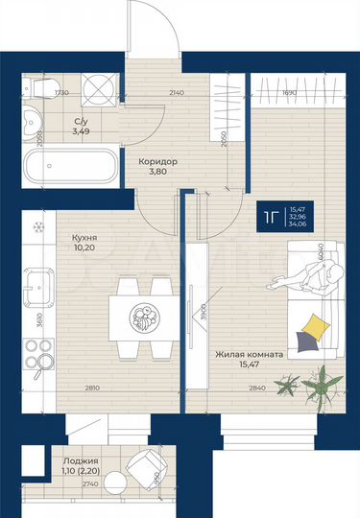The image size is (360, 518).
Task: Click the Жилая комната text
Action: (x=249, y=354)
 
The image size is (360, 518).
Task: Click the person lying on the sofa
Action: (x=302, y=278)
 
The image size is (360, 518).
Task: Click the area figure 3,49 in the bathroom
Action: (x=82, y=130)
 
